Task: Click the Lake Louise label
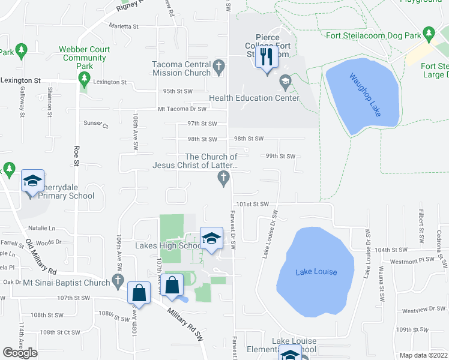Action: point(316,272)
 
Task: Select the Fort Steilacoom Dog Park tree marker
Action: point(429,32)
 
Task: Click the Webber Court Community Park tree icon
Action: point(84,78)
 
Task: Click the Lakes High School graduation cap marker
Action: point(211,239)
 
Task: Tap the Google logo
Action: point(20,353)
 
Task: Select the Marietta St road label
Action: point(124,26)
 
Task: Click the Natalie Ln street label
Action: point(41,229)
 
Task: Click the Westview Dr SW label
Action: point(418,311)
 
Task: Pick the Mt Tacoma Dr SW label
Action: point(182,109)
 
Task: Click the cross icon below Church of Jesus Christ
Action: point(223,178)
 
